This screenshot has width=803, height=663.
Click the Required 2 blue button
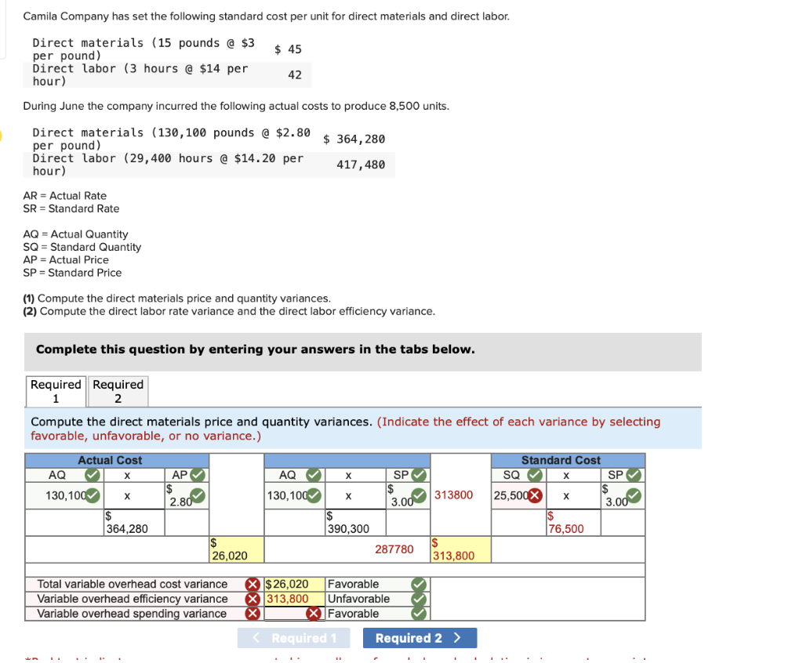click(420, 638)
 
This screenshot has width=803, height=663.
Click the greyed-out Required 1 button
click(294, 638)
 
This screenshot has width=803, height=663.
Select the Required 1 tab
click(56, 390)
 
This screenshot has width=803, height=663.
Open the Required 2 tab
click(118, 390)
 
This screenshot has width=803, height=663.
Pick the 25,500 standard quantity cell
click(511, 495)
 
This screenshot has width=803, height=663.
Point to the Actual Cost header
click(110, 460)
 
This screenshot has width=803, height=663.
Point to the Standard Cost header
click(561, 460)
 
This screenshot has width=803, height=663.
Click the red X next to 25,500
click(536, 495)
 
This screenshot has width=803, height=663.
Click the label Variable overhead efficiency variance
click(133, 599)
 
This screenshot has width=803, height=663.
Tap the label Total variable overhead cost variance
click(133, 584)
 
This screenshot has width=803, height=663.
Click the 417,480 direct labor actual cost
click(361, 165)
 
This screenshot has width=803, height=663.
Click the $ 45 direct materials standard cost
click(288, 49)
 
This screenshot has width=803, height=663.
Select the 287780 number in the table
click(394, 549)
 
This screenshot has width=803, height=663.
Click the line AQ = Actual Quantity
click(75, 234)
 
